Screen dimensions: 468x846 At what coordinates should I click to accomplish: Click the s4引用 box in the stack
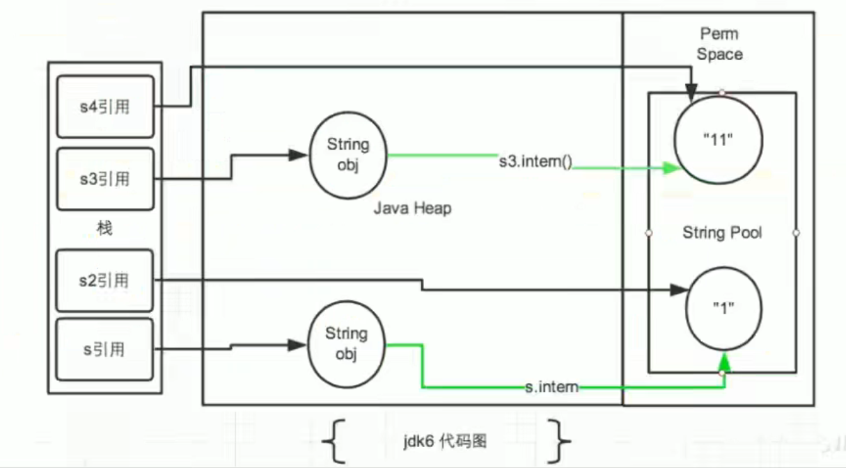tap(105, 107)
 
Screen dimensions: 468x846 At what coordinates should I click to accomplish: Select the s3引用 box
tap(105, 179)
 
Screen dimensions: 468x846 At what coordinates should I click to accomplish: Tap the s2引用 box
tap(105, 280)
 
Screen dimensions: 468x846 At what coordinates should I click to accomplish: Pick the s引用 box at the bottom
tap(105, 349)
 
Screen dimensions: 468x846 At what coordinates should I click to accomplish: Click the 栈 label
tap(104, 228)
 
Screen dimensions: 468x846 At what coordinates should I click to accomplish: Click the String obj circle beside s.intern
tap(346, 344)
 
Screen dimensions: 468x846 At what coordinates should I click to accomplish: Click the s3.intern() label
tap(535, 163)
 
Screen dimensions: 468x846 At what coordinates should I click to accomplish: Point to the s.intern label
tap(551, 387)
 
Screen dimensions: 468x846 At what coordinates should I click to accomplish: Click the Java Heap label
tap(412, 207)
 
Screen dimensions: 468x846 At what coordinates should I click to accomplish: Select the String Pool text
tap(722, 232)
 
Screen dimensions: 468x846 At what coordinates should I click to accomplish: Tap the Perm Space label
tap(720, 44)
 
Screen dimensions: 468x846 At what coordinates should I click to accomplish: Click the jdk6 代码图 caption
tap(444, 442)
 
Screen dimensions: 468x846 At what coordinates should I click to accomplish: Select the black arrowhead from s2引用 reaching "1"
tap(679, 290)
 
